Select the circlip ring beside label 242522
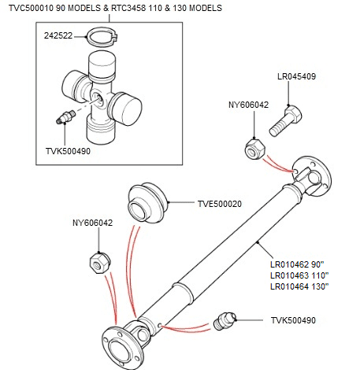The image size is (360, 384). point(100,36)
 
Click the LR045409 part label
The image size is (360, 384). point(297,77)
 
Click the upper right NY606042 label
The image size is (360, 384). point(248,104)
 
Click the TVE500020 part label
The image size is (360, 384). point(219,204)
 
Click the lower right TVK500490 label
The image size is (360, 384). point(292,320)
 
